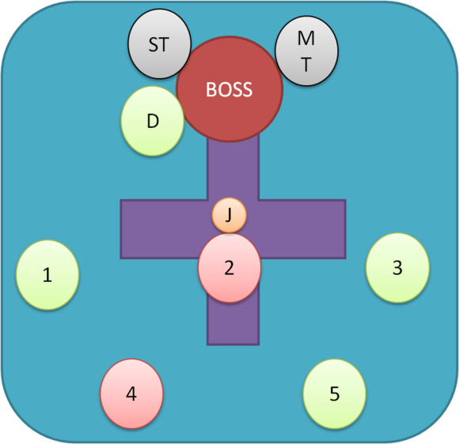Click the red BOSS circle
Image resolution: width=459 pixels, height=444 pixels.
(229, 88)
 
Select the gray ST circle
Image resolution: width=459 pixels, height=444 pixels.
(160, 43)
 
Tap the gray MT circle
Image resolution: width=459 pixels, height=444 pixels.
(306, 51)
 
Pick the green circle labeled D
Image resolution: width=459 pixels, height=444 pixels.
(153, 121)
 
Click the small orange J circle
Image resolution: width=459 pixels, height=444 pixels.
(229, 215)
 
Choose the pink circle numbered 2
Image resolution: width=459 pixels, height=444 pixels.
(229, 268)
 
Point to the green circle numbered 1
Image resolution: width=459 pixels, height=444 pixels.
(47, 275)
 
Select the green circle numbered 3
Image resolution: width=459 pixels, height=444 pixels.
(397, 268)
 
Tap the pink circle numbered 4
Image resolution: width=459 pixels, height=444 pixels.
(131, 393)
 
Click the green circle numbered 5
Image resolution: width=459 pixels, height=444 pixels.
(335, 393)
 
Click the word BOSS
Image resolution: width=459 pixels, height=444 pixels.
(229, 89)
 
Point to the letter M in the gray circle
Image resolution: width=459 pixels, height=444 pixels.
(306, 38)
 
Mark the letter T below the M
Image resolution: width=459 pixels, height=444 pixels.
(306, 64)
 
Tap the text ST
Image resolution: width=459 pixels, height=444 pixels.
(158, 44)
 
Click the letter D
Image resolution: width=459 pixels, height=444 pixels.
(153, 121)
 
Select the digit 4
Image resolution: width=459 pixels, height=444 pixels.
(131, 393)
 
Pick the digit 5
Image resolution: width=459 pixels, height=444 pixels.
(335, 393)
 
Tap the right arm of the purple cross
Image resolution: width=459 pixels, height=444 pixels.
(302, 229)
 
